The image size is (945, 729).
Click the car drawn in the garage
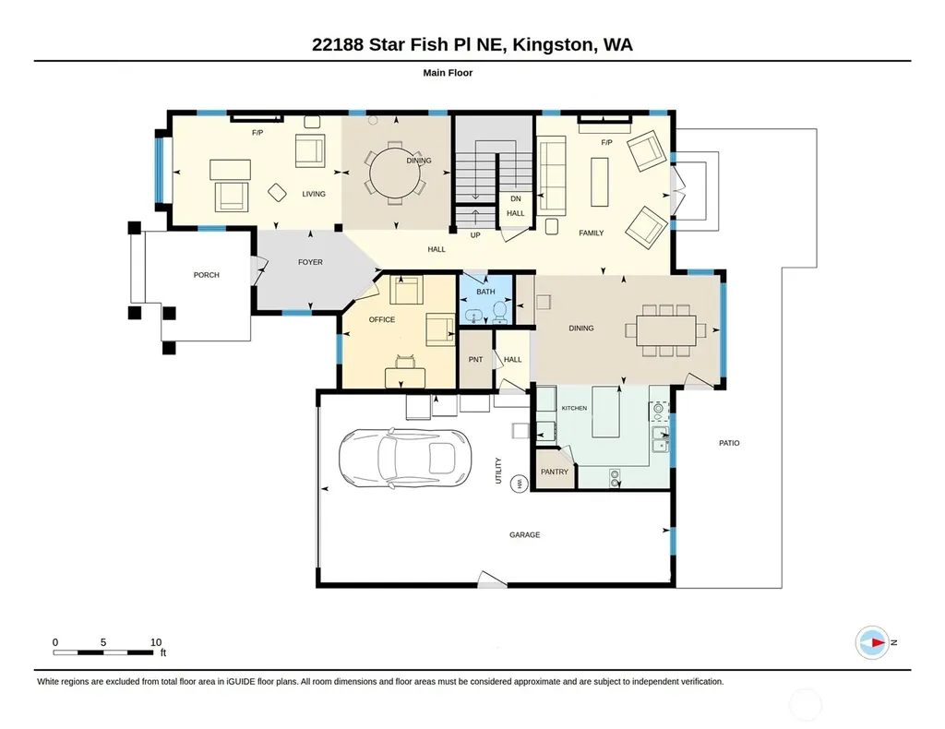tap(405, 458)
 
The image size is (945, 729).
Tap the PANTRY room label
tap(555, 472)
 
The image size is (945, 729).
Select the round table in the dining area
tap(395, 173)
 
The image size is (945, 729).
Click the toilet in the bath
tap(499, 312)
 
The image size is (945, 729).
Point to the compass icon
tap(872, 643)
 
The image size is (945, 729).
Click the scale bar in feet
tap(102, 652)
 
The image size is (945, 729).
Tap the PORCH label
tap(206, 275)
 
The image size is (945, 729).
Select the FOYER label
tap(310, 262)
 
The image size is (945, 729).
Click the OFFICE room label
tap(382, 319)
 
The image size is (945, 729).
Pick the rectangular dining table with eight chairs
tap(666, 330)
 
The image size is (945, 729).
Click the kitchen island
tap(606, 412)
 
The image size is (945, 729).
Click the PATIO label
tap(729, 443)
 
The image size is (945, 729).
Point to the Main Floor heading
tap(448, 73)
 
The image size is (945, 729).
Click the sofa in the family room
tap(551, 175)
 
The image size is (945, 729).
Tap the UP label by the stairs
tap(475, 235)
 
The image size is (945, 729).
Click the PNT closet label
tap(475, 359)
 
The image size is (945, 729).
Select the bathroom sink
tap(473, 316)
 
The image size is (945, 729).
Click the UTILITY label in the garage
tap(498, 471)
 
